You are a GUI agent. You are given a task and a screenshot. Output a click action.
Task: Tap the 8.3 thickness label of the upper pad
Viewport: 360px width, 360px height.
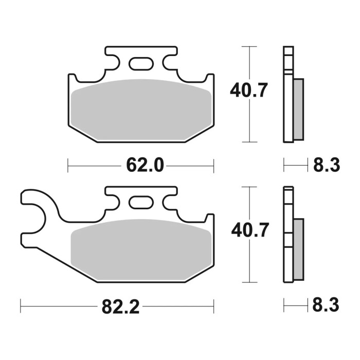pos(326,166)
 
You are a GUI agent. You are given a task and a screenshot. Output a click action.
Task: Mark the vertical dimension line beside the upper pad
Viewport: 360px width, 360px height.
pos(249,123)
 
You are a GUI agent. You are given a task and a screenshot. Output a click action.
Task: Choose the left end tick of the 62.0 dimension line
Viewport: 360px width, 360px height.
pos(68,166)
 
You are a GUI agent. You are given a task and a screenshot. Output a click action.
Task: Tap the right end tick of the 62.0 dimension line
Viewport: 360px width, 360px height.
pos(213,166)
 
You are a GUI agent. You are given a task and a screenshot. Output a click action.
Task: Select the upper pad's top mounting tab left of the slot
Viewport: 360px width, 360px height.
pos(116,54)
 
